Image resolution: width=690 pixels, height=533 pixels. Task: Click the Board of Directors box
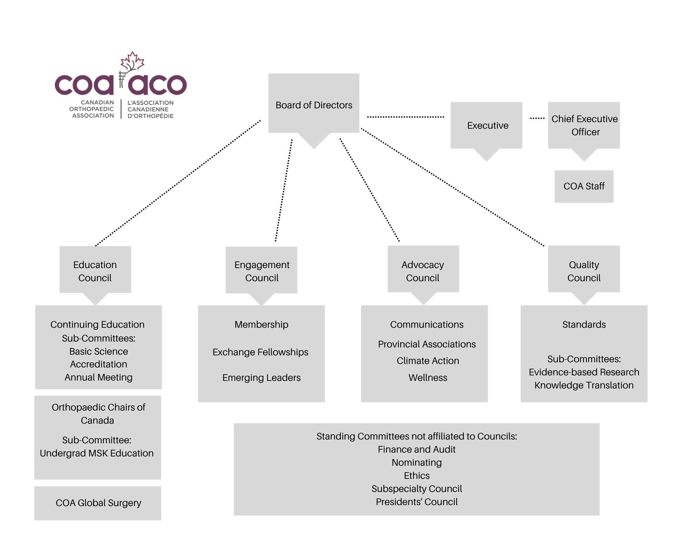point(314,103)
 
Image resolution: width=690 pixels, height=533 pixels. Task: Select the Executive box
point(486,125)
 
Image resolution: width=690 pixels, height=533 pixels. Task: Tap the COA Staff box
point(584,186)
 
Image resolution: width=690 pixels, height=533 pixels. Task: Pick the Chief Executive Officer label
point(585,125)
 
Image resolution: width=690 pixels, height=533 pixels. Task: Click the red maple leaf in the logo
point(132,61)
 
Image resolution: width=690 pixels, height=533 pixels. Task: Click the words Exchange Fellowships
point(260,352)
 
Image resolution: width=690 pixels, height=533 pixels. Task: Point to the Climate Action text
point(428,361)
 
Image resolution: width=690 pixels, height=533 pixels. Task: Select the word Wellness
point(428,378)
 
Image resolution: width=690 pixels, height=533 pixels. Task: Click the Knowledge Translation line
point(584,385)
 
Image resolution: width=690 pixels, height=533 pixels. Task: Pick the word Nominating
point(417,463)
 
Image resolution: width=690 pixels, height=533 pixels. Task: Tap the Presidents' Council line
point(417,502)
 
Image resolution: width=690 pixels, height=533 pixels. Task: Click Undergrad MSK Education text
point(97,453)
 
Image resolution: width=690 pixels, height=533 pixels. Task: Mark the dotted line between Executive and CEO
point(537,118)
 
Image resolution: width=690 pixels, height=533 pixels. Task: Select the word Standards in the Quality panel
point(584,325)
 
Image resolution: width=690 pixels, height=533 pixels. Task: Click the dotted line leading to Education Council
point(178,183)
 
